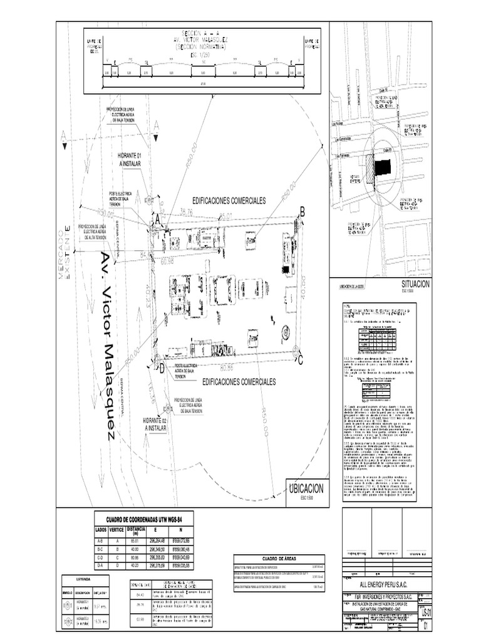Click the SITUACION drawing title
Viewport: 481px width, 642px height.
coord(415,284)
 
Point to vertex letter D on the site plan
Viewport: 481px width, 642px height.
coord(162,368)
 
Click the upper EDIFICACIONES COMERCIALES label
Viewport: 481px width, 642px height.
coord(229,200)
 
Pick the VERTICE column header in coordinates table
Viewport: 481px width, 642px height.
coord(117,530)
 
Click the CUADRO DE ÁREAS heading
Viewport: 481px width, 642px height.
coord(278,557)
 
